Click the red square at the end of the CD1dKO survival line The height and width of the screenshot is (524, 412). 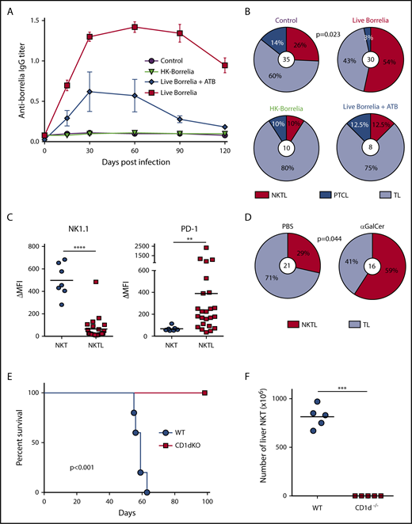click(x=206, y=392)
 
